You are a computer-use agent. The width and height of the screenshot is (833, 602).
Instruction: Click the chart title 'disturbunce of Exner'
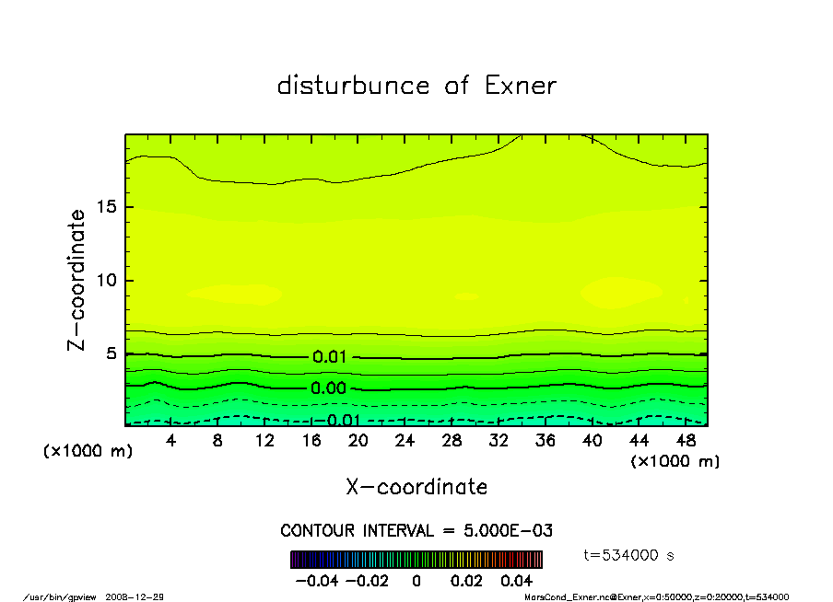pos(416,86)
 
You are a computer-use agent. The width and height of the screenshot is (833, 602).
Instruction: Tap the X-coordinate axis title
pos(416,487)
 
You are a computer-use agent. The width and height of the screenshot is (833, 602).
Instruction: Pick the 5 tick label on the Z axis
pos(111,353)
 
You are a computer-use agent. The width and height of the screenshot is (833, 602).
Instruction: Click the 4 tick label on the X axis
pos(171,441)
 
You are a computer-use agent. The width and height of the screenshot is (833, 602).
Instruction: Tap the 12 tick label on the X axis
pos(264,441)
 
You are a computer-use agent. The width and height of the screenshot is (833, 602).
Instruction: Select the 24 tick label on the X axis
pos(405,441)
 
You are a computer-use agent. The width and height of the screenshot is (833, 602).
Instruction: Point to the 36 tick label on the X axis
pos(546,441)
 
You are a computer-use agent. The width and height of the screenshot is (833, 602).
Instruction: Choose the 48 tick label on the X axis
pos(686,441)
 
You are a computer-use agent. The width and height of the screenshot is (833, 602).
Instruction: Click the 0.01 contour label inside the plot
pos(329,357)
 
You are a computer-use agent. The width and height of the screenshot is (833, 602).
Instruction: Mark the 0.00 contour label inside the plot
pos(329,388)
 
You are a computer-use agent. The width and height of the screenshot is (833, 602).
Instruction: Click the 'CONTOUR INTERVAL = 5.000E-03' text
pos(416,531)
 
